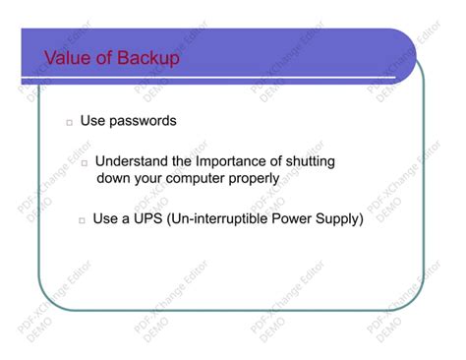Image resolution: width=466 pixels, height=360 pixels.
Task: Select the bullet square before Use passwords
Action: [x=70, y=123]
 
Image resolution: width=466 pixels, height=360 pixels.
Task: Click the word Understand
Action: [x=132, y=160]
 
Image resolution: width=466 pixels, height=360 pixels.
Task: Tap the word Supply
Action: [x=344, y=217]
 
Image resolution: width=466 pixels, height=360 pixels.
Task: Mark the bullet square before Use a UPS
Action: [x=82, y=219]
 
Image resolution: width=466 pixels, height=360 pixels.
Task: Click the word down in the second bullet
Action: [x=113, y=178]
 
